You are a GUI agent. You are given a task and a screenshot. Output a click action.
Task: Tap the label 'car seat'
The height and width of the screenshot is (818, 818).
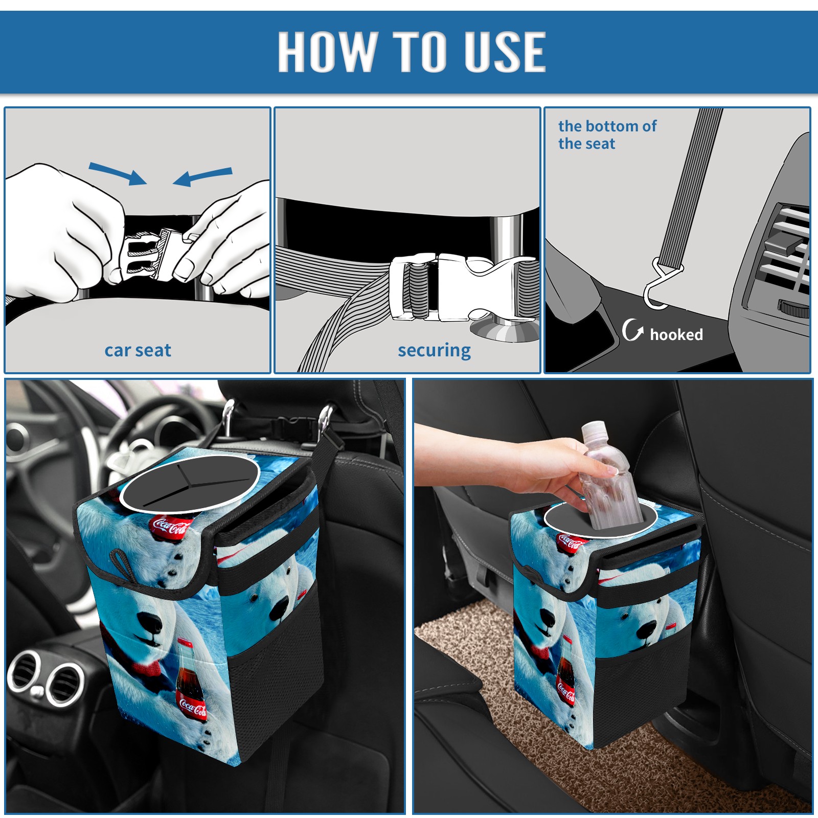(x=138, y=350)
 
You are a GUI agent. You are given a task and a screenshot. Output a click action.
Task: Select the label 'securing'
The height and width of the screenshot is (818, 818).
(x=434, y=350)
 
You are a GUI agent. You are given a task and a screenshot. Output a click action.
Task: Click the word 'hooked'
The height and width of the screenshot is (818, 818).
(x=676, y=334)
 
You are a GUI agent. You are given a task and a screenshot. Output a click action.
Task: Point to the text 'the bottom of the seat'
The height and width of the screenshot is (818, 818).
(x=607, y=134)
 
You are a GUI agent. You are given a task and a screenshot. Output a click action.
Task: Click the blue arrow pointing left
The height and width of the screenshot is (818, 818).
(x=202, y=176)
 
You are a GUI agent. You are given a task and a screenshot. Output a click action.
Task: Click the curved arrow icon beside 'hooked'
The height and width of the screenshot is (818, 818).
(x=632, y=330)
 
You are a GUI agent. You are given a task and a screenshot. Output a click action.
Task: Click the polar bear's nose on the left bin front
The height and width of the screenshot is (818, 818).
(x=151, y=621)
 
